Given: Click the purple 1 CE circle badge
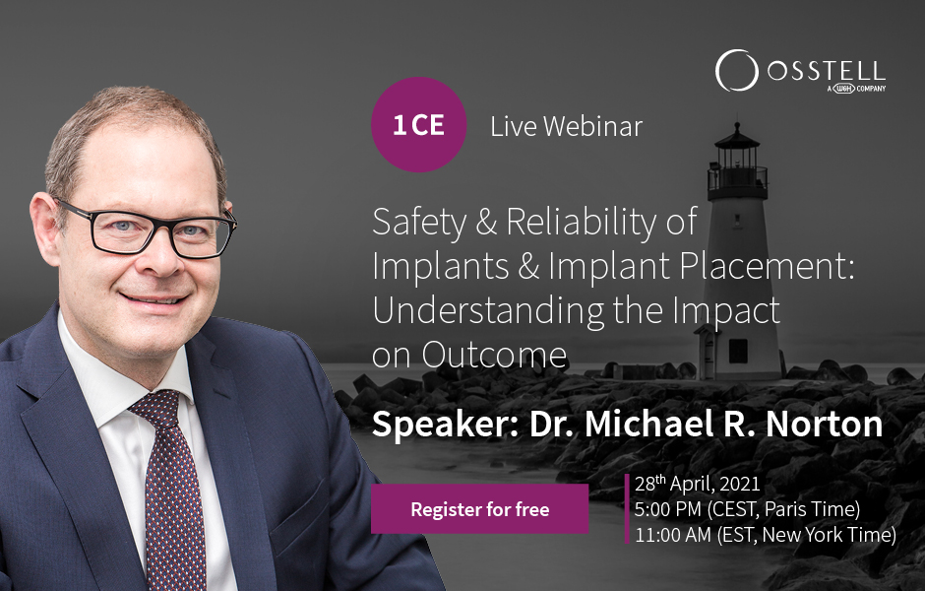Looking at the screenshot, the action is pos(419,124).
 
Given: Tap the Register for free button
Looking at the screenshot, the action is pos(479,509).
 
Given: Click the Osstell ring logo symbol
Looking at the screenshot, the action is pos(736,71).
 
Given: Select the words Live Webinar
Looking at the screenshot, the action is pos(567,126).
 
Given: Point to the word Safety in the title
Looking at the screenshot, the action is pos(419,224).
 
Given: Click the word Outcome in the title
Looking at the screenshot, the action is pos(494,356).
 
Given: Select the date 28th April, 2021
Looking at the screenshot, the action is pos(698,485).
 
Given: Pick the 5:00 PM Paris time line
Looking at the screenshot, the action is pos(748,509).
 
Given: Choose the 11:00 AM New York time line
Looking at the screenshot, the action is pos(766,535).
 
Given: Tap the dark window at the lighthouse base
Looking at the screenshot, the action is pos(738,351).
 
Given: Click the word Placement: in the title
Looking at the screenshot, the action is pos(767,266).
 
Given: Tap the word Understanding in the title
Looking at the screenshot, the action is pos(488,311).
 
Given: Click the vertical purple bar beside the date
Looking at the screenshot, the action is pos(627,508).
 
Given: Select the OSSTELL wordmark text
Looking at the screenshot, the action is pos(827,72).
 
